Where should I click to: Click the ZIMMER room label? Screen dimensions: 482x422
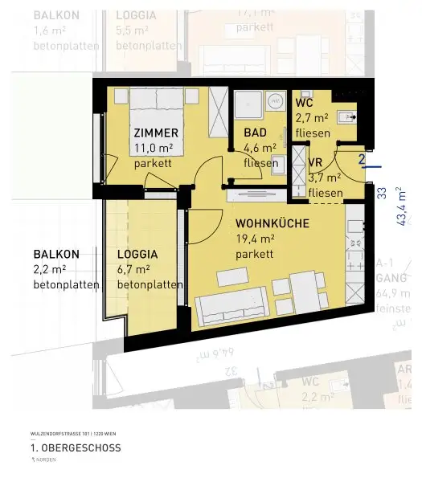tap(156, 133)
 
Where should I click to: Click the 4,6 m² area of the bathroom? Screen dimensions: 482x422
tap(260, 148)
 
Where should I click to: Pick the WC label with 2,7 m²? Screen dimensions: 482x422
tap(304, 104)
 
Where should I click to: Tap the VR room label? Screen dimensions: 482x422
tap(317, 161)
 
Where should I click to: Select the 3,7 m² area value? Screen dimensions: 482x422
tap(325, 178)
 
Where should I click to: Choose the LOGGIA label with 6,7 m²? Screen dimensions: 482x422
tap(137, 253)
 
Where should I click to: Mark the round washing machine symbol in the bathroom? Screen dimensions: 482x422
tap(277, 102)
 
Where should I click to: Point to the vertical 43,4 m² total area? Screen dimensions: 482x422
tap(401, 206)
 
